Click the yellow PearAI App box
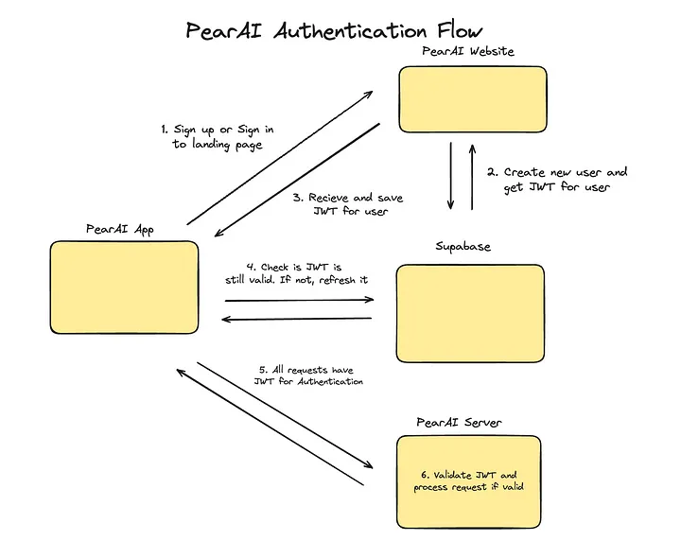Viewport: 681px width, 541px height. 125,287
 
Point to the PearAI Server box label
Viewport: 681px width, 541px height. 459,421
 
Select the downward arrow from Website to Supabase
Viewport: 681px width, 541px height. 451,176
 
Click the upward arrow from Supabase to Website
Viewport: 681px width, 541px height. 473,176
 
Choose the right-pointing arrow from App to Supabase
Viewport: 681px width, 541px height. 299,301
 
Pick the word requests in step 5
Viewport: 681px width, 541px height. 306,368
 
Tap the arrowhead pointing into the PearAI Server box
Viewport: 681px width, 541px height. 368,466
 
